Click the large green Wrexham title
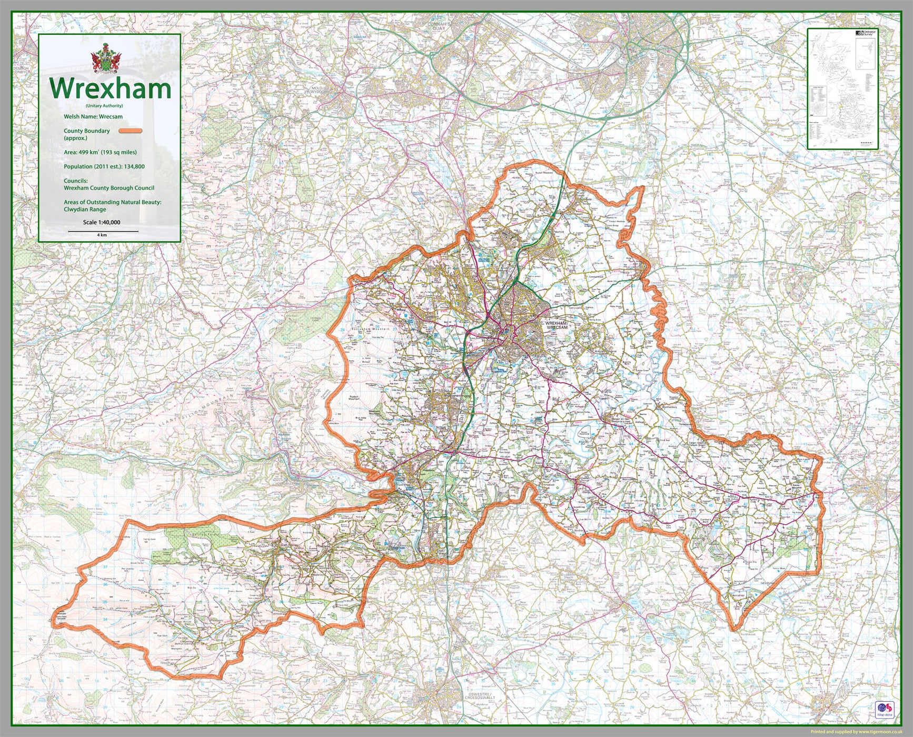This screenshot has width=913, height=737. tap(110, 89)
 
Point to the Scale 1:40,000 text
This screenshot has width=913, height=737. tap(102, 222)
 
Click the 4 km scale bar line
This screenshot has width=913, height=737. tap(103, 231)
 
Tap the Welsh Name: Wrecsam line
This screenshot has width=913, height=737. tap(93, 117)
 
